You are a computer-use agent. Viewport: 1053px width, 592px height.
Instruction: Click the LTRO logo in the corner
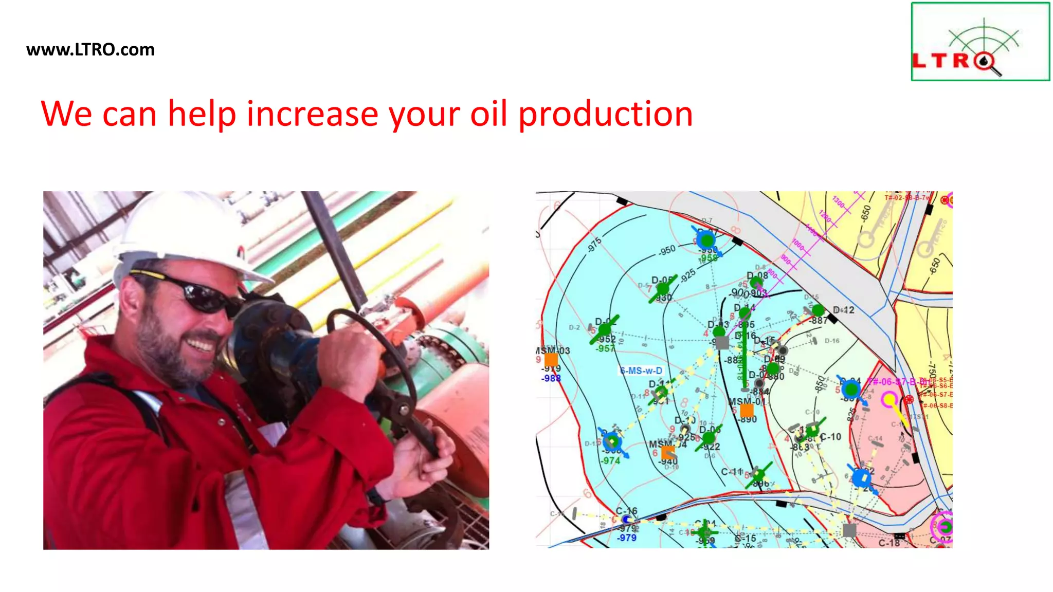coord(980,42)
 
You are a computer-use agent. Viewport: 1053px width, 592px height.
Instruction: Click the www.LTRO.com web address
coord(90,50)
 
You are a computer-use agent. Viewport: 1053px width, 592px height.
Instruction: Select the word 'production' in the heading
coord(605,115)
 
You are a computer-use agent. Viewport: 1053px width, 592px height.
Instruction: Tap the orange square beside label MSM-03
coord(551,360)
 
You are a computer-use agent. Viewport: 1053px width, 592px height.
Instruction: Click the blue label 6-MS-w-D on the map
coord(641,371)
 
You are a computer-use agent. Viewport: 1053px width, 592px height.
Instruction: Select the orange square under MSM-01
coord(747,410)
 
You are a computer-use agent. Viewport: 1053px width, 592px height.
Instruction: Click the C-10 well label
coord(830,437)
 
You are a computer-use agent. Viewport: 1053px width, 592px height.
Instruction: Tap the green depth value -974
coord(610,460)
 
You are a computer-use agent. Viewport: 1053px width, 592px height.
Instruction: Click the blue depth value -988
coord(551,378)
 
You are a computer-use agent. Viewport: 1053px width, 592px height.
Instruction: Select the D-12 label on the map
coord(844,310)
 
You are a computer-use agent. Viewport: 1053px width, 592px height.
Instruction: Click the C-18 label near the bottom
coord(889,543)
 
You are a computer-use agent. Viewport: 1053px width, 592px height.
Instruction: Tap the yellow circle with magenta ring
coord(889,399)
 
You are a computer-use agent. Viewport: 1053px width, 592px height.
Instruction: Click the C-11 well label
coord(731,471)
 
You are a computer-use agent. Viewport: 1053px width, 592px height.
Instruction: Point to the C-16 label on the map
coord(627,511)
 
